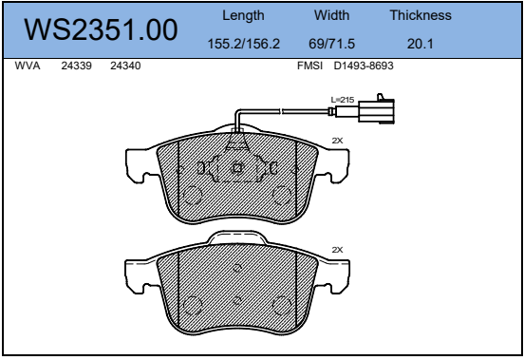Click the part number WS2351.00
[101, 29]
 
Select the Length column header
[243, 16]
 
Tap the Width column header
[331, 15]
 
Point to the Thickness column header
[421, 15]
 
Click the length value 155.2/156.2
[244, 44]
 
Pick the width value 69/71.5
[331, 44]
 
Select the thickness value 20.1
[421, 44]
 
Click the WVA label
[28, 66]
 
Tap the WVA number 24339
[76, 66]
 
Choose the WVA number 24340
[125, 66]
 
